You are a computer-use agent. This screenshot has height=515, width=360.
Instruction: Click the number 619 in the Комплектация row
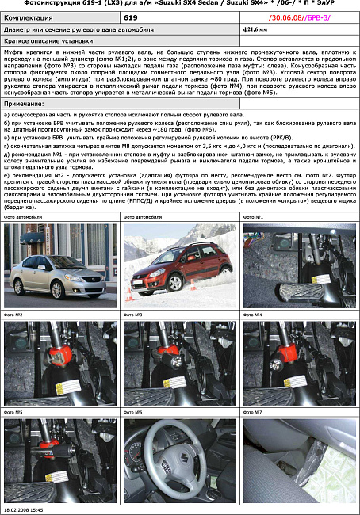point(132,17)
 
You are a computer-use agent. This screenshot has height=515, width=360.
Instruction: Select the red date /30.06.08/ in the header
point(288,17)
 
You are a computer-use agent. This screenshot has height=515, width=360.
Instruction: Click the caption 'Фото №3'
point(134,315)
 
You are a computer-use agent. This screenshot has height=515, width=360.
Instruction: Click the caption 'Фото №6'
point(134,412)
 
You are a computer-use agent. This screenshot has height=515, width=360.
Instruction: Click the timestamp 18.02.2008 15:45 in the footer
point(24,509)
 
